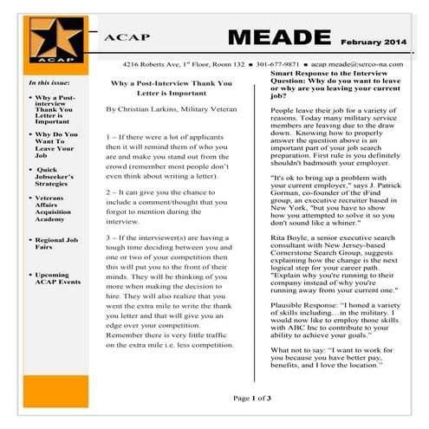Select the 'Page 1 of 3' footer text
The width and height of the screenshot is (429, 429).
click(252, 398)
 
